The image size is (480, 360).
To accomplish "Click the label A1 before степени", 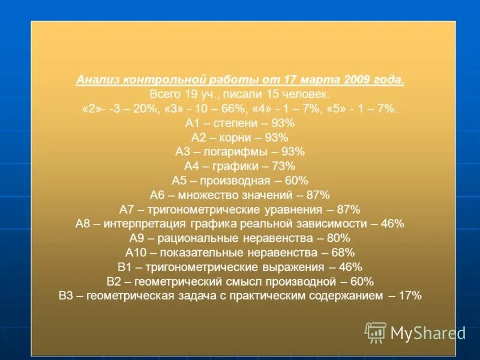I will [x=192, y=124].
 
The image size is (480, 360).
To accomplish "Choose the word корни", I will [x=232, y=138].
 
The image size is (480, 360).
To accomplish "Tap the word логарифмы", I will [x=235, y=152].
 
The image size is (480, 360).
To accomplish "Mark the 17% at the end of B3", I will [x=410, y=296].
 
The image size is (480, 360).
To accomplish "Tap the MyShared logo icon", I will [x=376, y=332].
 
